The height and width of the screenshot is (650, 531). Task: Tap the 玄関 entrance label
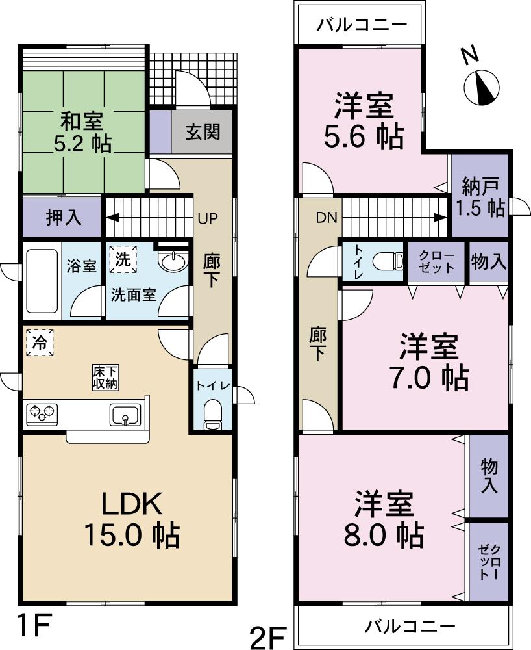(202, 133)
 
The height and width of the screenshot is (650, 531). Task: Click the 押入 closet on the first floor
(64, 218)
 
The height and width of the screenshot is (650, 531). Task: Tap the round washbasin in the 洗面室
(172, 263)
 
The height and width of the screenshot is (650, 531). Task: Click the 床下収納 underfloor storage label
(105, 377)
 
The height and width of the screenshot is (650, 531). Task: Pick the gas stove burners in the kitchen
(42, 413)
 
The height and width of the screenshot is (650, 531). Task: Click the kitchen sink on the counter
(126, 413)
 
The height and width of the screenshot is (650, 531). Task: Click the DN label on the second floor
(327, 218)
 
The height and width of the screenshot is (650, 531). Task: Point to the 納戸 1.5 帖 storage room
(479, 196)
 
